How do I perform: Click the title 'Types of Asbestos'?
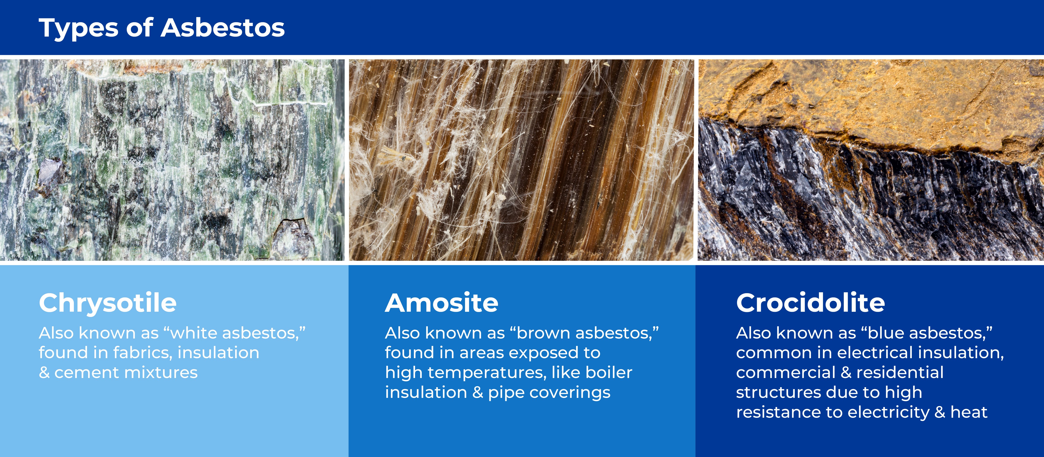click(x=161, y=28)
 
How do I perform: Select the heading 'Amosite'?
click(x=441, y=303)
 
